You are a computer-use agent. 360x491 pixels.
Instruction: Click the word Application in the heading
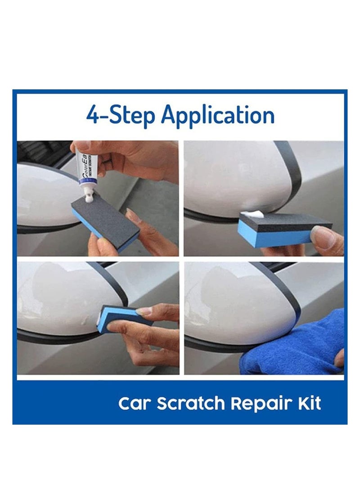tap(218, 115)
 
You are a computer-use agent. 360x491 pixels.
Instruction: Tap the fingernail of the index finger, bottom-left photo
tap(144, 310)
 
